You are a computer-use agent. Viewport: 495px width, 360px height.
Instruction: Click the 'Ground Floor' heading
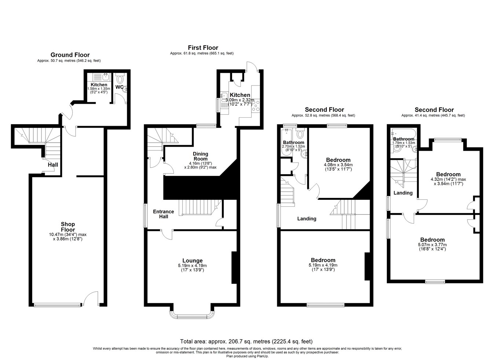tap(70, 55)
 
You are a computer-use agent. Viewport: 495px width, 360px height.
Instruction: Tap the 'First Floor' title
tap(203, 48)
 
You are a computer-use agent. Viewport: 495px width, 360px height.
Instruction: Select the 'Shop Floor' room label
tap(68, 227)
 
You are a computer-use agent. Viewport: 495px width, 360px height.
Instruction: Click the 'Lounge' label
tap(192, 261)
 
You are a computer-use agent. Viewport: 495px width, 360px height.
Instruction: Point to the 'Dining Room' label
tap(201, 156)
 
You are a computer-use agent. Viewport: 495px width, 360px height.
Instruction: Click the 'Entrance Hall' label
tap(164, 214)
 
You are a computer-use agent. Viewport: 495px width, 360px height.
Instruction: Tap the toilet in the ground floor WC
tap(120, 79)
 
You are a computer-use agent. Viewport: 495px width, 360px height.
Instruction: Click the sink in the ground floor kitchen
tap(106, 77)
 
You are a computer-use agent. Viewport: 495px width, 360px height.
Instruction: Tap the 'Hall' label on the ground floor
tap(53, 165)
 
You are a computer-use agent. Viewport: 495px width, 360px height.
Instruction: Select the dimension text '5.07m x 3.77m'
tap(432, 245)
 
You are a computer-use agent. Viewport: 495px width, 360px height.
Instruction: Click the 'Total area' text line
tap(246, 341)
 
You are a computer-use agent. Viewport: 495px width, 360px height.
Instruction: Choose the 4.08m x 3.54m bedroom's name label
tap(338, 160)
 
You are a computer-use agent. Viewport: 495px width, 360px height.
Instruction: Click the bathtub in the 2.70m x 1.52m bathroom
tap(287, 142)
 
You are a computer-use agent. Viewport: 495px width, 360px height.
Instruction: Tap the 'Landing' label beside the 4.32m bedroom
tap(403, 193)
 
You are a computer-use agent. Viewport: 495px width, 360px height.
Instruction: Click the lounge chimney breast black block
tap(234, 268)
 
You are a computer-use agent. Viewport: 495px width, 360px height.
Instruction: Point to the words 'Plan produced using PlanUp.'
tap(247, 356)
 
